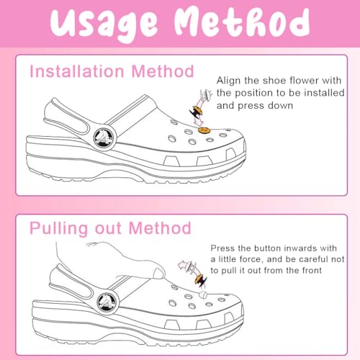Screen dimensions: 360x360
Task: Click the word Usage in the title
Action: click(x=104, y=24)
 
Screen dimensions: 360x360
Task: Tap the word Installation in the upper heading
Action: click(x=77, y=71)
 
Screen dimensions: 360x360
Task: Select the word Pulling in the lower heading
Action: click(x=58, y=229)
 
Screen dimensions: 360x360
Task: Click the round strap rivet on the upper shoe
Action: click(x=104, y=138)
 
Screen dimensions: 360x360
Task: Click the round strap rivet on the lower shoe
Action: click(x=108, y=302)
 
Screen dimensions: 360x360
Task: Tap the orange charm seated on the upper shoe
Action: click(x=204, y=130)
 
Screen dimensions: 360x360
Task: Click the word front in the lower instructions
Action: click(x=312, y=271)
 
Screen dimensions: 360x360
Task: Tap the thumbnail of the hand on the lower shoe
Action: click(x=158, y=274)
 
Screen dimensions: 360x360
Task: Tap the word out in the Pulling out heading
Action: click(x=108, y=229)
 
